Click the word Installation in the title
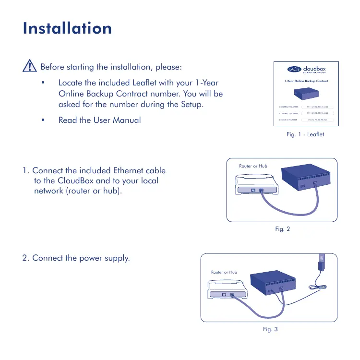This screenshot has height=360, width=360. pos(67,28)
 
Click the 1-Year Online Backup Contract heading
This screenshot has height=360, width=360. pos(305,81)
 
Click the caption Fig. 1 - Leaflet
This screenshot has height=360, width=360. pos(305,134)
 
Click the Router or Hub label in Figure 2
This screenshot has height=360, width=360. pos(253,166)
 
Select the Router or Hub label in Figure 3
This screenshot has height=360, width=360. pos(224,272)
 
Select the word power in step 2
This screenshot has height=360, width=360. pos(80,258)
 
